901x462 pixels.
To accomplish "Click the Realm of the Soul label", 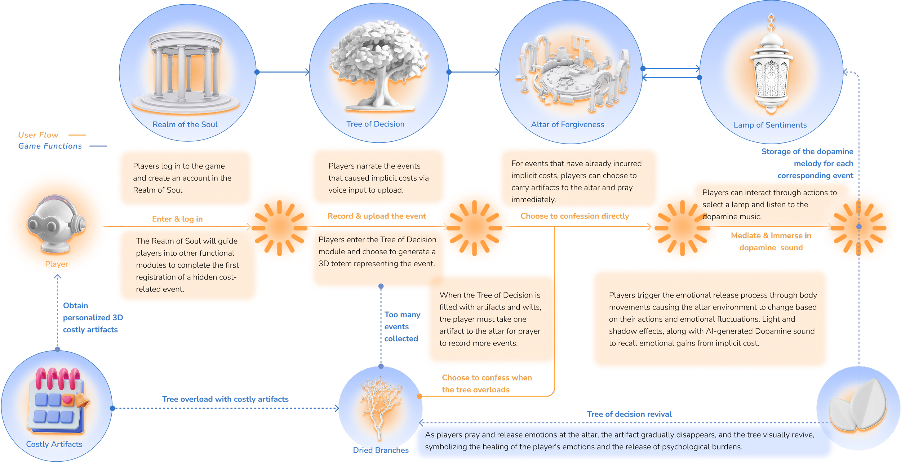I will point(185,124).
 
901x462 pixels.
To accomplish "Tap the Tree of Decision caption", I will point(375,124).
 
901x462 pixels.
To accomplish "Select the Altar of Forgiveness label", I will point(567,124).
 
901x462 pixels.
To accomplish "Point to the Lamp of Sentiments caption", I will point(770,125).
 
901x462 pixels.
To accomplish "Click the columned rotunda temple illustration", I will point(186,72).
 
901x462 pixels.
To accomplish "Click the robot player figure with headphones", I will point(57,224).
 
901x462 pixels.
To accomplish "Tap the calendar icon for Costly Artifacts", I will point(58,400).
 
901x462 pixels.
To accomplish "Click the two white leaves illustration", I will point(858,406).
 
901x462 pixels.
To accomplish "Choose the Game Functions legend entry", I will point(50,146).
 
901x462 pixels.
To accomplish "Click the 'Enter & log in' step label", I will point(178,219).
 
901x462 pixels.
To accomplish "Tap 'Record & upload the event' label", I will point(377,216).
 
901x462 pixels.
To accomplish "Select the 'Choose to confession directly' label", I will point(574,216).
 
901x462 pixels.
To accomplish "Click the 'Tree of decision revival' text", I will point(629,414).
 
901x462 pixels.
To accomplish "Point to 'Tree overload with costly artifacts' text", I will point(225,399).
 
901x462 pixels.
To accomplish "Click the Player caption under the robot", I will point(57,264).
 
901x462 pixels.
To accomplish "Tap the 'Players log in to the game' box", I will point(185,178).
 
